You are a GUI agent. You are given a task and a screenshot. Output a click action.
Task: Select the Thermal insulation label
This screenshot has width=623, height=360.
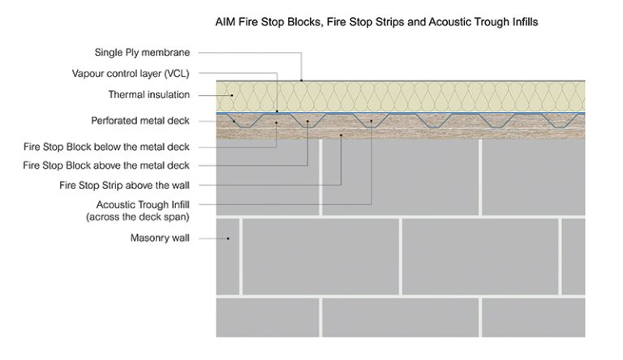coord(149,95)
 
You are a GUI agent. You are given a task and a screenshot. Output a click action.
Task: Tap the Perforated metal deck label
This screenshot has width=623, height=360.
coord(140,121)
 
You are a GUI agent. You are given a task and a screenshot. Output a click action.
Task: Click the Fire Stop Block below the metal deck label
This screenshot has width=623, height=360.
coord(106,147)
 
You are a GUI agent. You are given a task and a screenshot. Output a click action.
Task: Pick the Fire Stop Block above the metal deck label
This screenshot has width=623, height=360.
coord(106,165)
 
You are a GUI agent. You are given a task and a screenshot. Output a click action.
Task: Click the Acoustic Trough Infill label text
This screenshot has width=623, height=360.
coord(143,205)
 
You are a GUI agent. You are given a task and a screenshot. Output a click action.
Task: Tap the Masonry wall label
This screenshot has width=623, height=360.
coord(160,238)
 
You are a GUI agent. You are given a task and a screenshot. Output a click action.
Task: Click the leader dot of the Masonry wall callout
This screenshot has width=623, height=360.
coord(229,238)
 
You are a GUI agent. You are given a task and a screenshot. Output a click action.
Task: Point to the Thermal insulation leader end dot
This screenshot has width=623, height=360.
coord(231,96)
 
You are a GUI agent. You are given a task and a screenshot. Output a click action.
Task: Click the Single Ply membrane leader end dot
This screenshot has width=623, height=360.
coord(302,80)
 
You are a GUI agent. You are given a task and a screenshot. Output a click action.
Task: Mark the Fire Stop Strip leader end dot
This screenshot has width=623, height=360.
coord(342,135)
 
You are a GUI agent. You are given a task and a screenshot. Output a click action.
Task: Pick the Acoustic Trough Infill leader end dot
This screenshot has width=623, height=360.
coord(371,122)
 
